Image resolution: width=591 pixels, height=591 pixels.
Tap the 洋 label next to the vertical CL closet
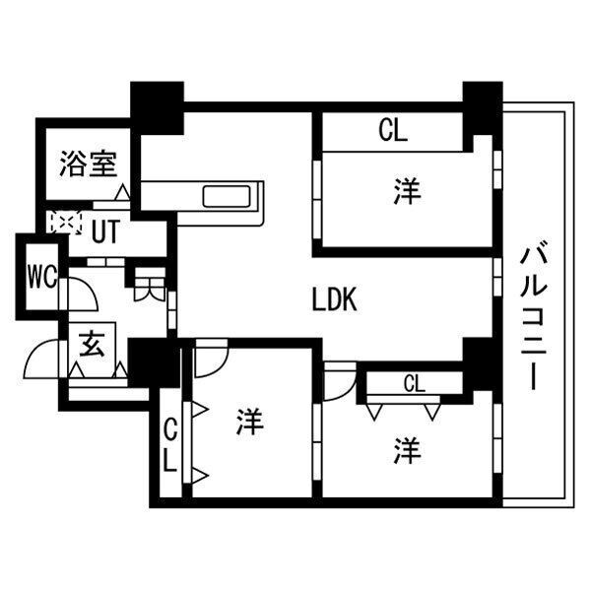[x=249, y=424]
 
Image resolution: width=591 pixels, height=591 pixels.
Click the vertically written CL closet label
[x=169, y=445]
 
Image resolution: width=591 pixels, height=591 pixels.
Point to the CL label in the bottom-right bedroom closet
[x=414, y=383]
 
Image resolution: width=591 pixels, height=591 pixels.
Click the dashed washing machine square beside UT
[x=64, y=223]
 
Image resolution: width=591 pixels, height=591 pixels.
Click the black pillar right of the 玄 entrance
[x=154, y=361]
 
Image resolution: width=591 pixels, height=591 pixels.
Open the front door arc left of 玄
[x=41, y=359]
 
